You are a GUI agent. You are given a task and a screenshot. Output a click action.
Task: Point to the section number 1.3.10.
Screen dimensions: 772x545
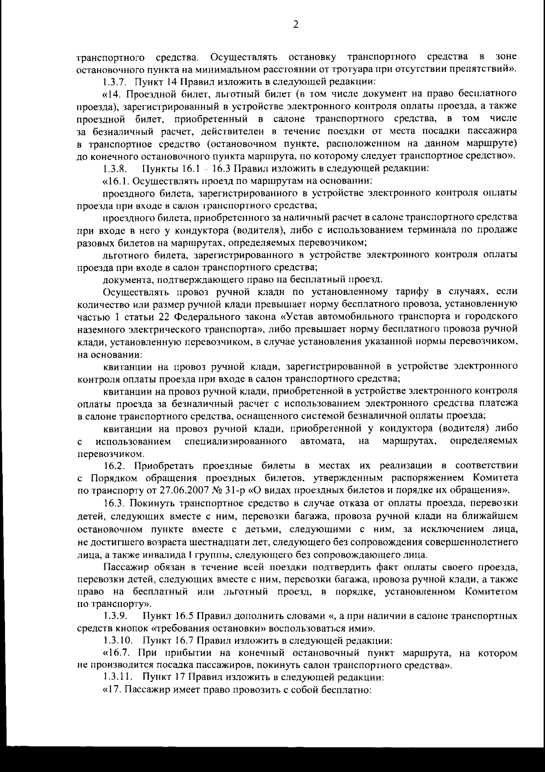tap(118, 641)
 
